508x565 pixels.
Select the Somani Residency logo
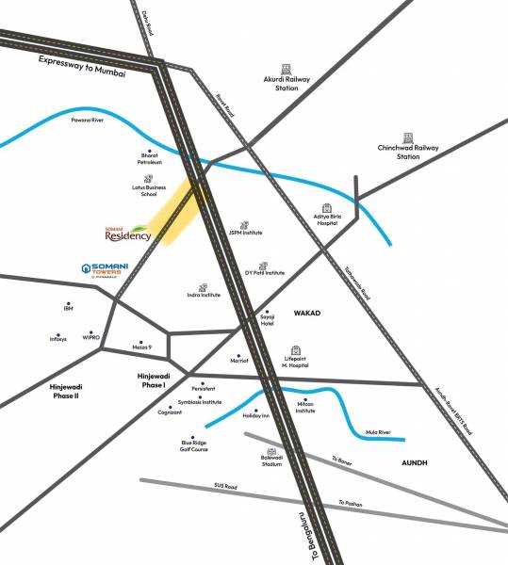tap(128, 233)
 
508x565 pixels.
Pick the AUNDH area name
tap(415, 463)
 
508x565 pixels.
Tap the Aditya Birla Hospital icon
tap(326, 208)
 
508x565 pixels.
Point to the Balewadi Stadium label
tap(272, 461)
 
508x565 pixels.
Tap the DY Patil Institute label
tap(264, 272)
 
